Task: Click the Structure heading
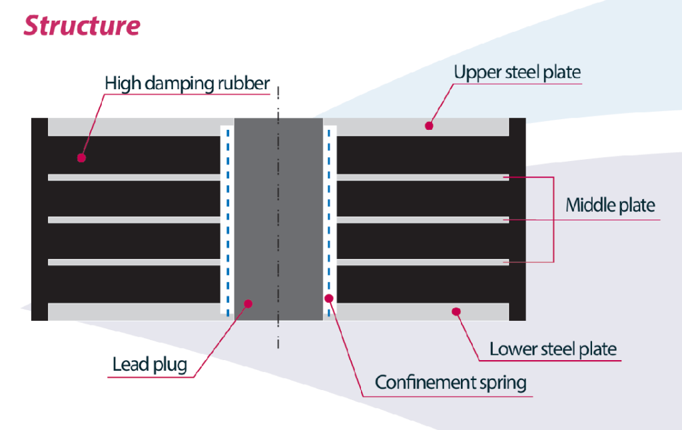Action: coord(82,25)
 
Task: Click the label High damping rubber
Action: coord(187,84)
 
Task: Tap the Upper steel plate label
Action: coord(517,73)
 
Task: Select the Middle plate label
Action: coord(610,205)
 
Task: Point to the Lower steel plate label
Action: coord(553,349)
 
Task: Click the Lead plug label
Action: coord(149,365)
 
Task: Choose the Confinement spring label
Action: coord(451,383)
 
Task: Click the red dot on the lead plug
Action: coord(248,304)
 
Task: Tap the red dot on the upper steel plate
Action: coord(430,125)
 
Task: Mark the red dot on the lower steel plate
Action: coord(456,310)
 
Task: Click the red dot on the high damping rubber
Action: coord(81,158)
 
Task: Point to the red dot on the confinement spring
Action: coord(329,298)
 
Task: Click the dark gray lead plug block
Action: coord(278,220)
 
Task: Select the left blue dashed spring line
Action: coord(228,220)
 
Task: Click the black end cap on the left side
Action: coord(39,220)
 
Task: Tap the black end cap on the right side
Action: coord(517,220)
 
